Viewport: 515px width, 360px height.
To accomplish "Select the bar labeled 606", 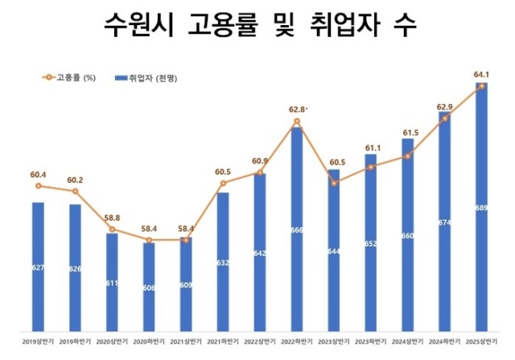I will pyautogui.click(x=148, y=286).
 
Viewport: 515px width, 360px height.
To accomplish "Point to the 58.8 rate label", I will pyautogui.click(x=111, y=217).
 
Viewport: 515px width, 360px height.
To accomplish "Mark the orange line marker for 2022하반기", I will pyautogui.click(x=296, y=122).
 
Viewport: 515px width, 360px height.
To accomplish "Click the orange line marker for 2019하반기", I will pyautogui.click(x=75, y=191).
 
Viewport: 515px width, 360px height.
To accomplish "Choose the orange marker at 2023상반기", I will pyautogui.click(x=333, y=184).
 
